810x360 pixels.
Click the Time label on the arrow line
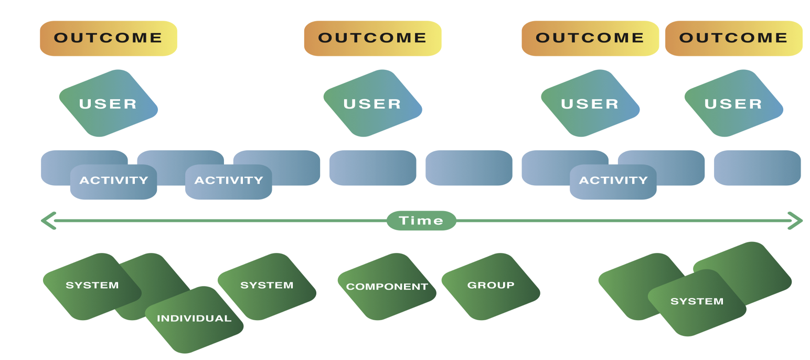pyautogui.click(x=421, y=220)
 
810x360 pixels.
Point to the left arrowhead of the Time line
pyautogui.click(x=48, y=221)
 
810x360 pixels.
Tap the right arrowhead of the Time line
pyautogui.click(x=795, y=221)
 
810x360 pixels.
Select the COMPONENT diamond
pyautogui.click(x=387, y=287)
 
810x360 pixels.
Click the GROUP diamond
pyautogui.click(x=491, y=287)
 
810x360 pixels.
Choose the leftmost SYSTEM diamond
pyautogui.click(x=92, y=287)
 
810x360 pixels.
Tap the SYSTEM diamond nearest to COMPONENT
pyautogui.click(x=267, y=287)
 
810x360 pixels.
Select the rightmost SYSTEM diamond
pyautogui.click(x=697, y=303)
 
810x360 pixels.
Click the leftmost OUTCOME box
pyautogui.click(x=109, y=38)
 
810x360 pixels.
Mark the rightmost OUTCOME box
pyautogui.click(x=734, y=38)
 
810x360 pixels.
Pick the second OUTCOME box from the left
pyautogui.click(x=373, y=38)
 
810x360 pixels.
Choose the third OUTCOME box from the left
pyautogui.click(x=590, y=38)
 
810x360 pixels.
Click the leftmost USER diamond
pyautogui.click(x=109, y=103)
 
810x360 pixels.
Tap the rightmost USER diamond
pyautogui.click(x=734, y=103)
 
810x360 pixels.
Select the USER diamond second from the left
pyautogui.click(x=373, y=103)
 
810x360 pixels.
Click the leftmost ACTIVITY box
pyautogui.click(x=113, y=182)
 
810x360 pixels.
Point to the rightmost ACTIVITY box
pyautogui.click(x=613, y=182)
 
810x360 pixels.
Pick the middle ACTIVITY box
pyautogui.click(x=229, y=182)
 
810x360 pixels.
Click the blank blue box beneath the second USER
pyautogui.click(x=373, y=168)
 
